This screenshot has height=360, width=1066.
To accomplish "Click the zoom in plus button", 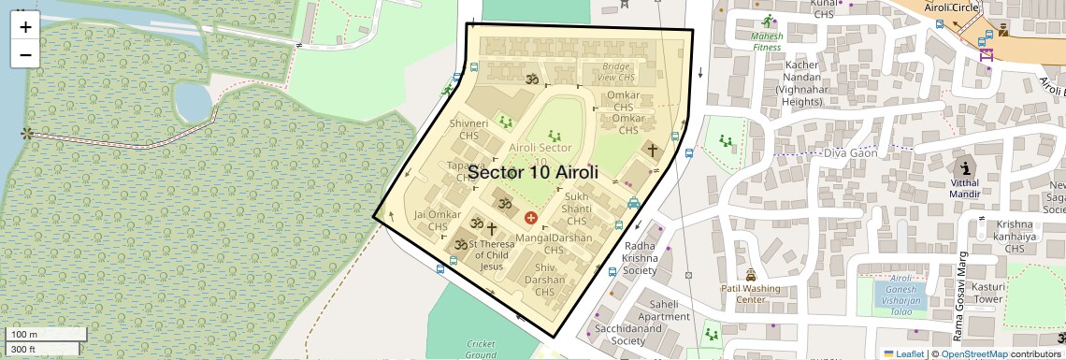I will tap(25, 27).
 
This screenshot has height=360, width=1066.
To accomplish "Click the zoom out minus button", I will tap(25, 54).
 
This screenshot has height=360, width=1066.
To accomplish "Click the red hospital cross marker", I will tap(531, 218).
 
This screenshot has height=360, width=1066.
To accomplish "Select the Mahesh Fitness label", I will tap(766, 38).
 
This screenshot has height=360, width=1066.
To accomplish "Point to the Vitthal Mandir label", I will tap(965, 189).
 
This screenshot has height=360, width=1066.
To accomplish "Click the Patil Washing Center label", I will tap(750, 294).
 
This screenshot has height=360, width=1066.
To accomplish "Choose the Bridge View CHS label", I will tap(617, 73).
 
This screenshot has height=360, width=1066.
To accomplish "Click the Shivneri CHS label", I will tap(468, 130).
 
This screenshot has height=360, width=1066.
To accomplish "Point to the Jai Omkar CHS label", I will tap(438, 221).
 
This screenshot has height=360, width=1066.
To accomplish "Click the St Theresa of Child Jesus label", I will tap(491, 255).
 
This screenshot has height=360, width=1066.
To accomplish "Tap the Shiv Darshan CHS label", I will tap(544, 285).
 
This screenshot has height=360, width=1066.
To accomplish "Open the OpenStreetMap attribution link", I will tap(973, 354).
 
